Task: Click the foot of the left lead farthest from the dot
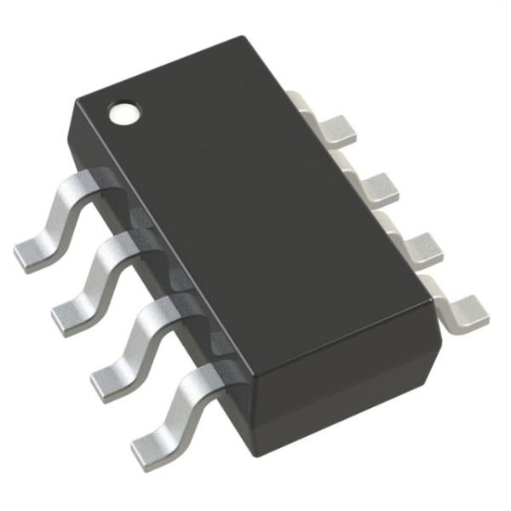149,445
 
